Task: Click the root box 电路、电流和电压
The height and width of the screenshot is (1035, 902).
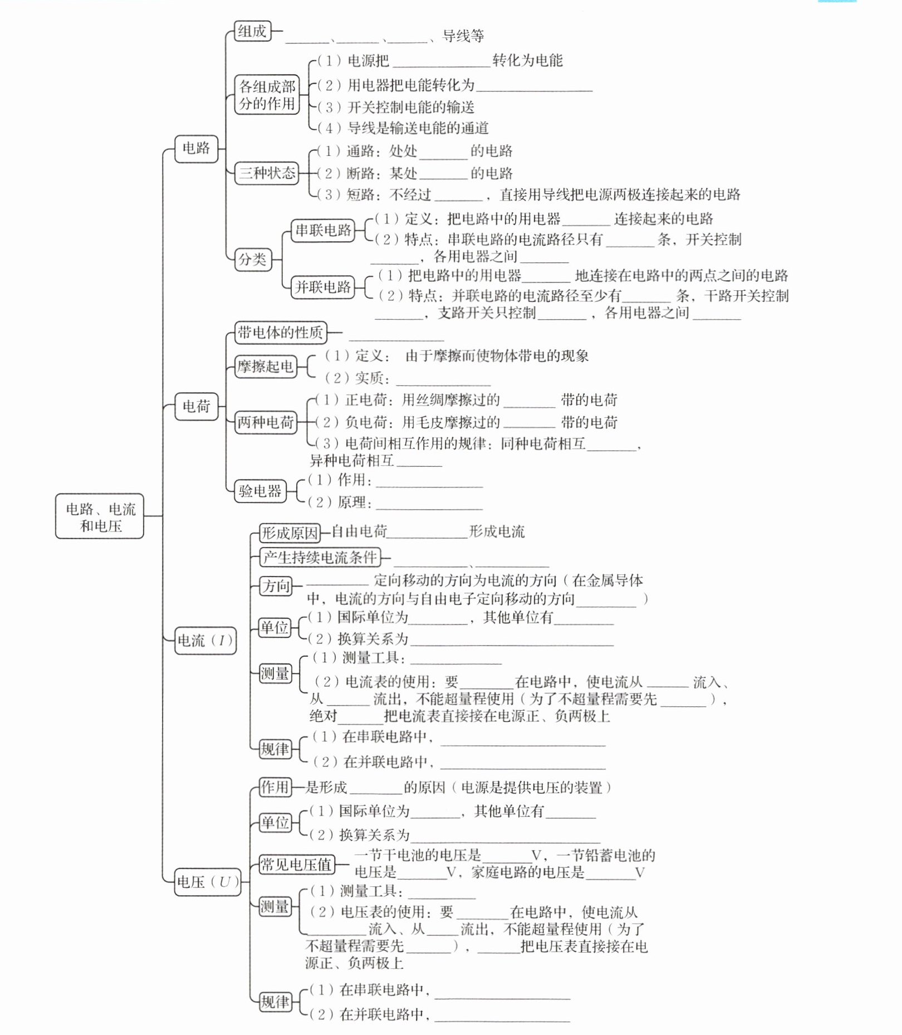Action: [x=100, y=516]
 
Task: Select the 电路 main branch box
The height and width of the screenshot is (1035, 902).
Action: [x=196, y=148]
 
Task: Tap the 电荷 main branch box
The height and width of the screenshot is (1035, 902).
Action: [x=196, y=406]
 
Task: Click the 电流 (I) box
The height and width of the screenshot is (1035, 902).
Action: [x=205, y=641]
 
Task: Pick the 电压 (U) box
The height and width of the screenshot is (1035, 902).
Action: [x=208, y=882]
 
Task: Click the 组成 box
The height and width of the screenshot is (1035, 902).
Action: [x=252, y=31]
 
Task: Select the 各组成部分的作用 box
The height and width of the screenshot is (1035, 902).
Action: [x=267, y=95]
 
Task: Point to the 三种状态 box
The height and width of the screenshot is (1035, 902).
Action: [x=267, y=173]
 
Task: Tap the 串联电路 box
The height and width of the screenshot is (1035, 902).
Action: [x=323, y=230]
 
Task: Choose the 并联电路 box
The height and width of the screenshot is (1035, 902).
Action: [x=323, y=287]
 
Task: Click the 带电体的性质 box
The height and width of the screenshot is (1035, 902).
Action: [x=280, y=333]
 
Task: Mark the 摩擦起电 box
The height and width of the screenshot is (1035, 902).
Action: [x=266, y=367]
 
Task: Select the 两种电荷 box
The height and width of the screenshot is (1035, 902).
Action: [x=266, y=422]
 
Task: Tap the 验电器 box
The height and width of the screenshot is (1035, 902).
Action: [x=260, y=491]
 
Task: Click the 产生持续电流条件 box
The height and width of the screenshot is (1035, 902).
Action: [x=320, y=557]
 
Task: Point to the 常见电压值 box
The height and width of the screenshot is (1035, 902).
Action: [x=296, y=865]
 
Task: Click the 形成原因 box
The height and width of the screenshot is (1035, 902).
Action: [x=290, y=533]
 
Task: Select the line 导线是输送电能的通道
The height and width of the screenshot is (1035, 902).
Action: [x=418, y=128]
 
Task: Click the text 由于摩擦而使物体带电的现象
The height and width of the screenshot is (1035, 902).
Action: [x=497, y=356]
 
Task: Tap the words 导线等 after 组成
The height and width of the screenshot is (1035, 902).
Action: [x=463, y=36]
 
